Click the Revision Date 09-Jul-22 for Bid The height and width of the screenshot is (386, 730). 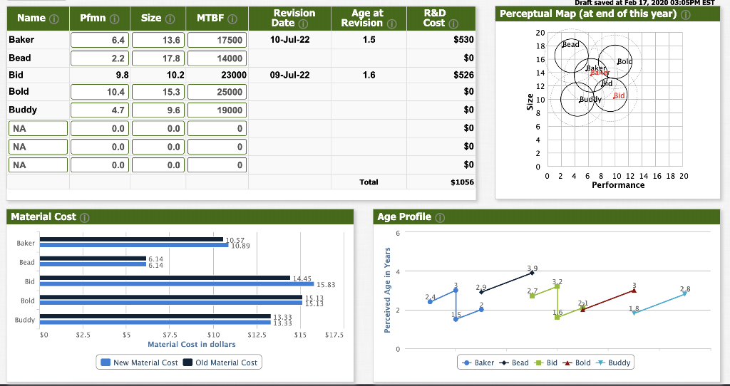pos(290,74)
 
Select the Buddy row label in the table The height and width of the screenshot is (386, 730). pos(23,110)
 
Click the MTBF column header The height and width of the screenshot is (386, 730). pos(212,18)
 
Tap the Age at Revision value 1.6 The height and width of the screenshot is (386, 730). pos(367,74)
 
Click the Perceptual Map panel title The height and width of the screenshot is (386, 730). pos(587,14)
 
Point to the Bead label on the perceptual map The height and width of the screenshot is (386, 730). pos(572,44)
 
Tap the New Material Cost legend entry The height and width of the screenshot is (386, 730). pos(140,362)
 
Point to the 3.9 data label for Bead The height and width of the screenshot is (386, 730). pos(532,268)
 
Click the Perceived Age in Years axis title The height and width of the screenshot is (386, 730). pos(388,290)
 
